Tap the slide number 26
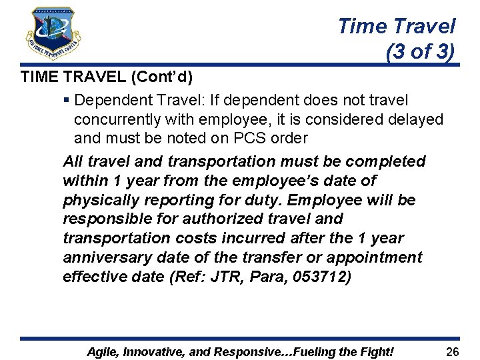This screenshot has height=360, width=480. (x=453, y=351)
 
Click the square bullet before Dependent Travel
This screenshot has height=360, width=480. (x=66, y=100)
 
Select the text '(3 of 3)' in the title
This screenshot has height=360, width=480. (x=420, y=51)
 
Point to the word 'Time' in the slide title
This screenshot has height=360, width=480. (x=362, y=26)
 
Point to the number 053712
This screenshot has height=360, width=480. (x=317, y=277)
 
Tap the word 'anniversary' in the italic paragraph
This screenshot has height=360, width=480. (x=104, y=257)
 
